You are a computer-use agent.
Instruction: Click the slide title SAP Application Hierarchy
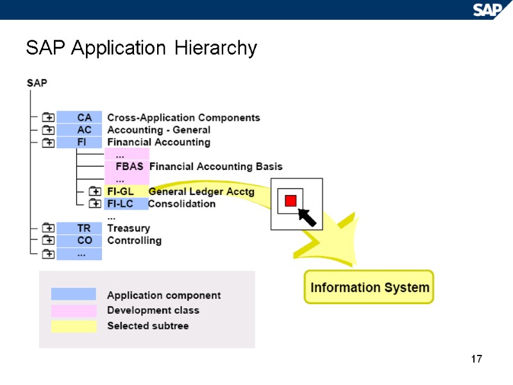(x=141, y=48)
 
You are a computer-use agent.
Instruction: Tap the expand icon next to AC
(x=48, y=130)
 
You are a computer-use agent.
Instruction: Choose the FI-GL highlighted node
(x=121, y=191)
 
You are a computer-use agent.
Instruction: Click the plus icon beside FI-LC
(x=94, y=203)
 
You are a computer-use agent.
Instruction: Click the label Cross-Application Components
(x=183, y=117)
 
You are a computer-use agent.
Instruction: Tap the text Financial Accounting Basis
(x=215, y=166)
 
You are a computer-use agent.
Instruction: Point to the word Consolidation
(x=181, y=203)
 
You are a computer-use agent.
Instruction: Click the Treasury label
(x=128, y=228)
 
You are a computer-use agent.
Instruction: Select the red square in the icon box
(x=290, y=201)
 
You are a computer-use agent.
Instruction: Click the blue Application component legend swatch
(x=74, y=295)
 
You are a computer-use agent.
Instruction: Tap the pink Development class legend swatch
(x=74, y=311)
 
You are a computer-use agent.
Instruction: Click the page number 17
(x=476, y=359)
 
